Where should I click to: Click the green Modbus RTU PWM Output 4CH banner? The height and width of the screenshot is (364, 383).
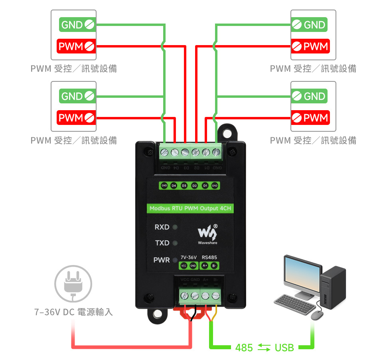click(190, 208)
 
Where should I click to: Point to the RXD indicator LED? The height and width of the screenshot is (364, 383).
click(174, 227)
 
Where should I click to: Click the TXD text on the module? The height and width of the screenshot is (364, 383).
click(162, 243)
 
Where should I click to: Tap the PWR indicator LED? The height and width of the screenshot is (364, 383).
click(174, 260)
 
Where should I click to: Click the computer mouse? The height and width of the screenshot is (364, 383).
click(317, 315)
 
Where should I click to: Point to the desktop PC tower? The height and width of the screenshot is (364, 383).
click(333, 287)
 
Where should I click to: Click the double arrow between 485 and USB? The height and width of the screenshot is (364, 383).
click(264, 348)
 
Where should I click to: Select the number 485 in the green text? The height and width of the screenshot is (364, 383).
click(244, 348)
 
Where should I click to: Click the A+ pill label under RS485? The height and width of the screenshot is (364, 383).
click(204, 266)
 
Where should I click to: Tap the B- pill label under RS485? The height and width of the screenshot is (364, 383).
click(214, 266)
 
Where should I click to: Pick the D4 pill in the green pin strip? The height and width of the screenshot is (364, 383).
click(174, 186)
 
